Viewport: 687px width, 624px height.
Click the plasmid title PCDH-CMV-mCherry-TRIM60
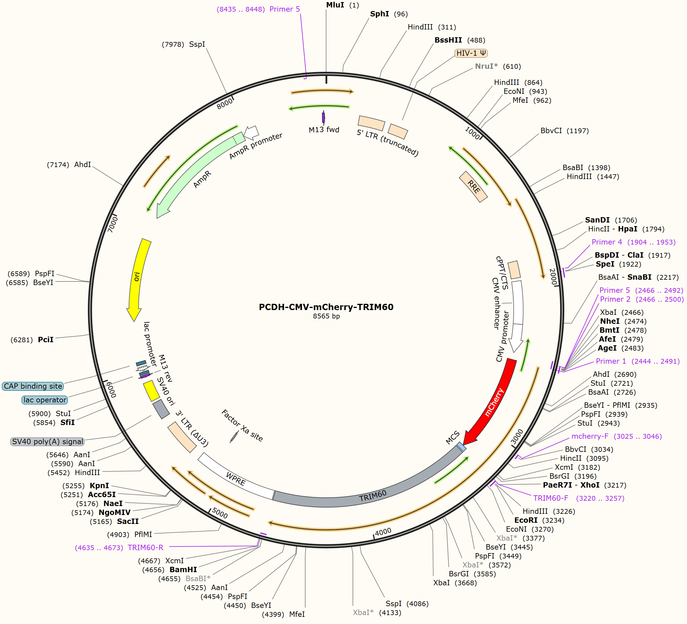(326, 307)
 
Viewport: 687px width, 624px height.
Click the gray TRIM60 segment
(371, 491)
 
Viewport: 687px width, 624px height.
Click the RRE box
(473, 187)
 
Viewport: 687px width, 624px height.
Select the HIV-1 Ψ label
(471, 53)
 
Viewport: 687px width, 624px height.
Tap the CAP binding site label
(33, 386)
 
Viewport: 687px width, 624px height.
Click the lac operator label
(45, 400)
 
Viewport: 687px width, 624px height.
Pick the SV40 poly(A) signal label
(47, 442)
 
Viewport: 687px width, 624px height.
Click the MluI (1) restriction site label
(342, 5)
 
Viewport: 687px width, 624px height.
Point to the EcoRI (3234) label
(539, 520)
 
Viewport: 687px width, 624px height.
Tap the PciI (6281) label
(32, 340)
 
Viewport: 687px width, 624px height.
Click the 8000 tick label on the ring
(225, 104)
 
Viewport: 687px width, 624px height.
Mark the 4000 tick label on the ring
(383, 532)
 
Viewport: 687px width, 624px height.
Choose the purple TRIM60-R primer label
(119, 548)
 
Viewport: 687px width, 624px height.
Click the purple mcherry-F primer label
(616, 437)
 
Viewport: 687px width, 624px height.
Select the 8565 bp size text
(326, 316)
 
